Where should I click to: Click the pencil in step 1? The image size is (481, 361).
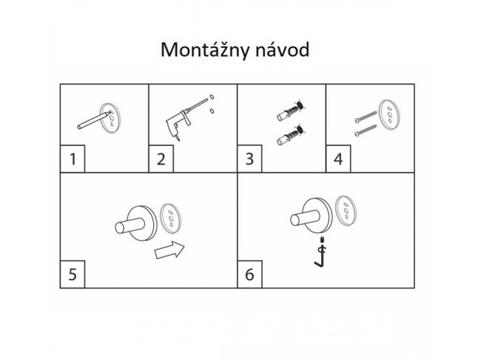pos(94,120)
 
